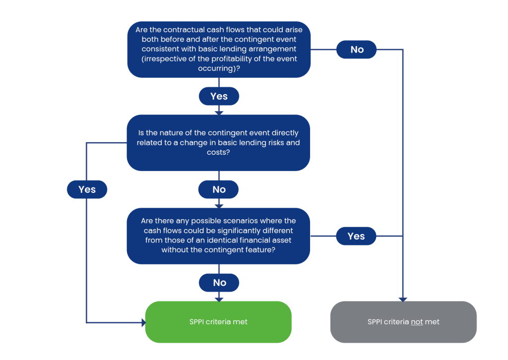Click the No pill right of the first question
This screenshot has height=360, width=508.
(356, 50)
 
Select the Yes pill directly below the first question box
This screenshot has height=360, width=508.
(219, 96)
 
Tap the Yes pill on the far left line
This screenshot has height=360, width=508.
(87, 189)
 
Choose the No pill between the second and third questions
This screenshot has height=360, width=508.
(219, 189)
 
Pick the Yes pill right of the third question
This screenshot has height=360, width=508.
(356, 236)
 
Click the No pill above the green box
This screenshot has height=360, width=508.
(219, 283)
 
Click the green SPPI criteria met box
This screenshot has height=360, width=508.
(218, 322)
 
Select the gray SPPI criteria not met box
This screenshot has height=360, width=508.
(403, 322)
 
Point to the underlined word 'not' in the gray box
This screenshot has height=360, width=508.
(417, 322)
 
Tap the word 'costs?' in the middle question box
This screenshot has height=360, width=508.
(218, 152)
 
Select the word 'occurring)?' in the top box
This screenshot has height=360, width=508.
(219, 68)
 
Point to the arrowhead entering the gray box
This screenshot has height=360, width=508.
(403, 300)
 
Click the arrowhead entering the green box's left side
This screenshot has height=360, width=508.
(143, 322)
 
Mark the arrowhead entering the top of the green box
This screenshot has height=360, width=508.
(219, 300)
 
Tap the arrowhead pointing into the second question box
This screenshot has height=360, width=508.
(219, 113)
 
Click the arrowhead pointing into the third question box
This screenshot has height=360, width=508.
(219, 206)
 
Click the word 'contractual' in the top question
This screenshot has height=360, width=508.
(184, 30)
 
